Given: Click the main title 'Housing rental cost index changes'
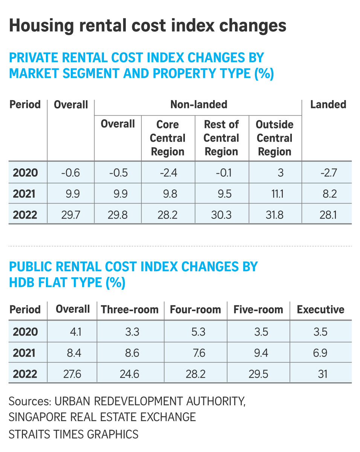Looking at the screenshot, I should pos(148,26).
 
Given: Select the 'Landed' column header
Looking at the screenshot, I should pos(328,105).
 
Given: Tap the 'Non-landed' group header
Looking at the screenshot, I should pos(198,105).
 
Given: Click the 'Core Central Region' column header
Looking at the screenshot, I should pos(168,138).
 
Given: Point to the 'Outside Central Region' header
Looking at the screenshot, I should pos(275,138).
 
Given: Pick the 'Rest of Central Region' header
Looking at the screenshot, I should pos(221,138).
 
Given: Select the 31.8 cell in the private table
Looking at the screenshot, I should pos(275,215).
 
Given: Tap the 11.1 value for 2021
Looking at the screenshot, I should pos(275,194).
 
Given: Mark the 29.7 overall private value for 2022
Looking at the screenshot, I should pos(71,215).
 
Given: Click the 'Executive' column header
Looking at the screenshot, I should pos(320,310).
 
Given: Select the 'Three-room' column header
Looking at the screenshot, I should pos(130,310).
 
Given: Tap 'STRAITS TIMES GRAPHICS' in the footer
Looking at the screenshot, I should pos(73,434).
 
